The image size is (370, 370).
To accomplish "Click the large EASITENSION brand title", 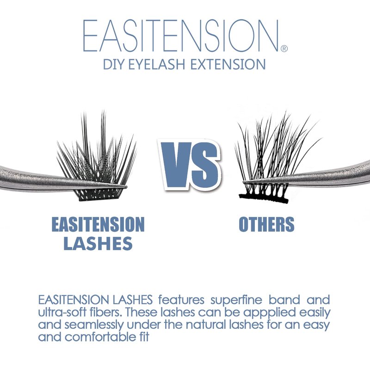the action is click(x=181, y=36).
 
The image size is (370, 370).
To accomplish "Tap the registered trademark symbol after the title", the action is click(x=284, y=49).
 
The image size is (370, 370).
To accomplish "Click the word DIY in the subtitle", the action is click(x=113, y=64).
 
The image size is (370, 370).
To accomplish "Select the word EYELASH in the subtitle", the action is click(x=156, y=64).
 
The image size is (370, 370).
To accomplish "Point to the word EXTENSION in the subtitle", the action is click(x=228, y=64).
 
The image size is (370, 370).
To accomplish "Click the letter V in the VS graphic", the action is click(x=178, y=165).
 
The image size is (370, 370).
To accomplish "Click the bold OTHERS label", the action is click(x=266, y=224).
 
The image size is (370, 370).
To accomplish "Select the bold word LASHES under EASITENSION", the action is click(x=98, y=243).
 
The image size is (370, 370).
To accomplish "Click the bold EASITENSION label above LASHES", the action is click(x=98, y=225).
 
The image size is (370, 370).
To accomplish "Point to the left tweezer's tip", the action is click(x=126, y=187).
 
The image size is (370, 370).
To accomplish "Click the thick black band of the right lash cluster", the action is click(x=264, y=198).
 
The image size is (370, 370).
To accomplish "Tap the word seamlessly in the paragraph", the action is click(x=94, y=326).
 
